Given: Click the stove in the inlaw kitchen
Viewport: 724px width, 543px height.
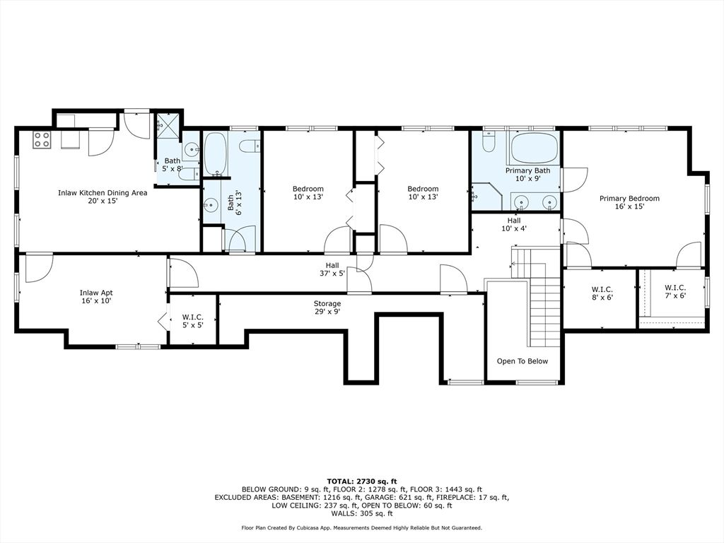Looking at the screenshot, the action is (x=41, y=140).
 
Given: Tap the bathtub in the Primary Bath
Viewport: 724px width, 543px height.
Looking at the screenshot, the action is (x=535, y=148).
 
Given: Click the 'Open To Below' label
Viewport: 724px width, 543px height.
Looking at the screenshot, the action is (x=522, y=361).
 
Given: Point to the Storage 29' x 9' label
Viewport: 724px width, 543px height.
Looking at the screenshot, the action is (x=327, y=308).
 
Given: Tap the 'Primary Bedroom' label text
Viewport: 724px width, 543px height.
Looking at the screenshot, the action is (x=629, y=199).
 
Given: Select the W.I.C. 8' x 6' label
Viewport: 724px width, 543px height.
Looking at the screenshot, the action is (x=602, y=293).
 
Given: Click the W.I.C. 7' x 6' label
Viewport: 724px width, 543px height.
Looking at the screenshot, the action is (x=675, y=291).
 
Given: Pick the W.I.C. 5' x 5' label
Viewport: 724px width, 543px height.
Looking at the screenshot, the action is (x=192, y=321).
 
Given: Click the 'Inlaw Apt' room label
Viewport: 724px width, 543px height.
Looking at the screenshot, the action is (x=96, y=293).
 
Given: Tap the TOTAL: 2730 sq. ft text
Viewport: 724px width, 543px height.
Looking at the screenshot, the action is (x=362, y=481).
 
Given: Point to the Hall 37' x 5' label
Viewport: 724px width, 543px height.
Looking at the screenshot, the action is (x=332, y=269).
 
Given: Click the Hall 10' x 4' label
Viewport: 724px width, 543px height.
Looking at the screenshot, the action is (x=514, y=224).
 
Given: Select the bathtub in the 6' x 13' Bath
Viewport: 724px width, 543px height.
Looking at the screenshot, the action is (x=214, y=154).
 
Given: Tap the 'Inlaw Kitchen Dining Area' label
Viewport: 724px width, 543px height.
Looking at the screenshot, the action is (x=103, y=192).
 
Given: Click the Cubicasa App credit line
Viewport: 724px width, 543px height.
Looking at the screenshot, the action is (x=362, y=527).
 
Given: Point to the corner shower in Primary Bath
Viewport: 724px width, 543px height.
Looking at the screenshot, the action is (x=486, y=197).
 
